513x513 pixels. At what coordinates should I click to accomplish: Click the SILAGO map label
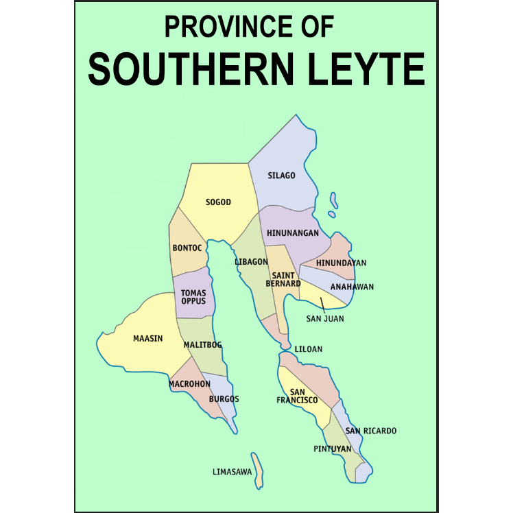pos(281,176)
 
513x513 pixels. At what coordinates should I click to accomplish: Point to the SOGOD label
pos(218,202)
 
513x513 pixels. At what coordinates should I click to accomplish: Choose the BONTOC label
pos(187,248)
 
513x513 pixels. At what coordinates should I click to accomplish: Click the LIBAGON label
pos(251,262)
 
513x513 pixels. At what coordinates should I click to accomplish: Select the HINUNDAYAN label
pos(342,263)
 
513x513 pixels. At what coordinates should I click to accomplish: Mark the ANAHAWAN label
pos(352,287)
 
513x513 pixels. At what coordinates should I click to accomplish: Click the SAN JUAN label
pos(325,318)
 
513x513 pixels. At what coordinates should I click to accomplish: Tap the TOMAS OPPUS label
pos(193,297)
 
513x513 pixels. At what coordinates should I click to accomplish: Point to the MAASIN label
pos(147,337)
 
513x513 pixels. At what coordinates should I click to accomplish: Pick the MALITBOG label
pos(203,345)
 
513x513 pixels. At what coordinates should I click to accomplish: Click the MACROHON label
pos(189,384)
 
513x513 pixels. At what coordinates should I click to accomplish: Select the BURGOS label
pos(224,398)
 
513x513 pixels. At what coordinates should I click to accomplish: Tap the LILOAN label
pos(308,349)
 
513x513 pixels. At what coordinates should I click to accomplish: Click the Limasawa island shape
pos(257,470)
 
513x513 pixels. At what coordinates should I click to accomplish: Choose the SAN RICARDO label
pos(370,431)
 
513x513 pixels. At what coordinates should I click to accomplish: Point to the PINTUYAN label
pos(333,449)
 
